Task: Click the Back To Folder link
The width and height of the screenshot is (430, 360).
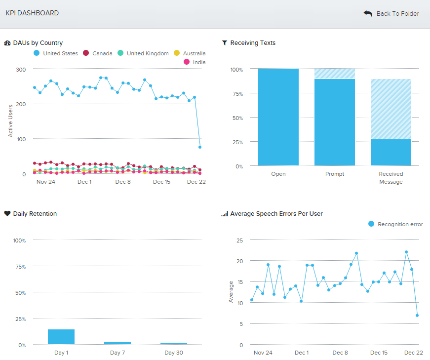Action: [392, 14]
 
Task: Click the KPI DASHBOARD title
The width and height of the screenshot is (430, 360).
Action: [32, 13]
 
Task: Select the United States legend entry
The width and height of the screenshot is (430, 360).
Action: [55, 53]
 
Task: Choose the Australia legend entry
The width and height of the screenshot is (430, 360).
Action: [190, 53]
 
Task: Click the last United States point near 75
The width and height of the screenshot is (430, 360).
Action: [200, 147]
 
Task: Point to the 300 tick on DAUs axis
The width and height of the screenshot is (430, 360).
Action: [20, 70]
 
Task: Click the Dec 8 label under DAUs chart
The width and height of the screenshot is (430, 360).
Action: [123, 182]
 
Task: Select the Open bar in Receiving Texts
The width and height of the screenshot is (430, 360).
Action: [278, 117]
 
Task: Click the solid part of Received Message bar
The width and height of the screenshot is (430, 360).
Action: [391, 153]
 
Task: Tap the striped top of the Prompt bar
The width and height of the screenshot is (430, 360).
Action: [335, 74]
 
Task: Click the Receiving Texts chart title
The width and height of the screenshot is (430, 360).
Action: [253, 43]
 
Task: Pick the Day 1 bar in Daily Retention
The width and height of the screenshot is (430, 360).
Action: [61, 337]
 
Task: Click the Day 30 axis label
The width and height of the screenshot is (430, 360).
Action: [173, 353]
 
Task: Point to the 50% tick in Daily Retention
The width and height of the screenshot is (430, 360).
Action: [20, 293]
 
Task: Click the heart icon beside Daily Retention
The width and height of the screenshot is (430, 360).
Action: [7, 214]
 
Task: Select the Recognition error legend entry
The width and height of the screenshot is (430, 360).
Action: [395, 224]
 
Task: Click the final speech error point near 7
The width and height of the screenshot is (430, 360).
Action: [417, 315]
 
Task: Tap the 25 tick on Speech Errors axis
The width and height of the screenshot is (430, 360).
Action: [240, 240]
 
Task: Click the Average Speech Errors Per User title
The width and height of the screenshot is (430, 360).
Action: [276, 214]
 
